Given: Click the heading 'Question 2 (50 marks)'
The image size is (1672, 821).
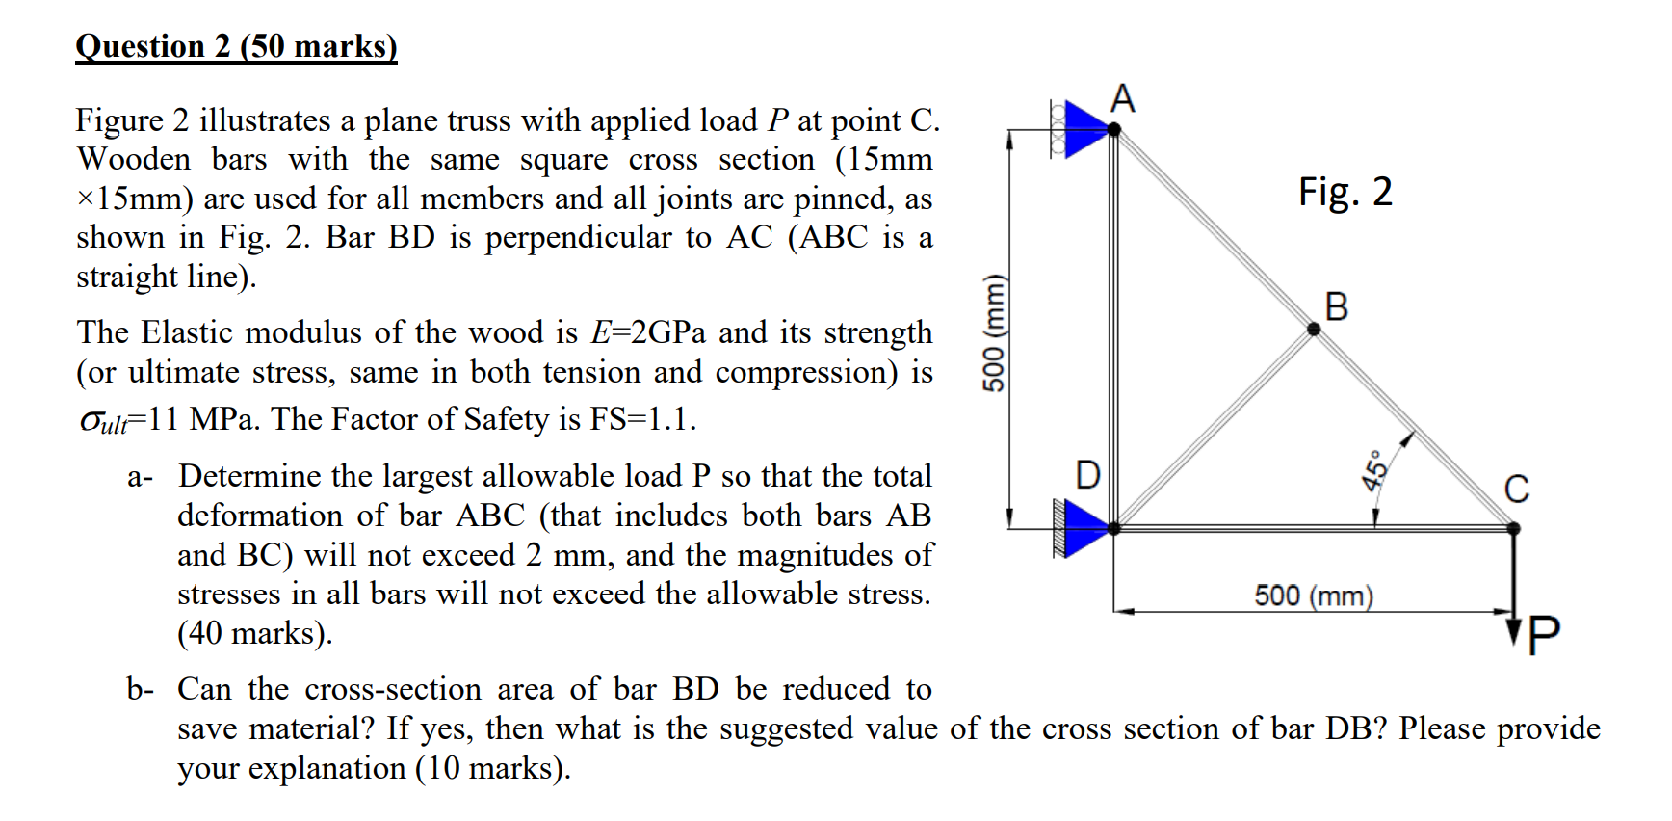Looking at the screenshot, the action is click(x=236, y=46).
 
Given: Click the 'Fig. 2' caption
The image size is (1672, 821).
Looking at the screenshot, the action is click(x=1345, y=192).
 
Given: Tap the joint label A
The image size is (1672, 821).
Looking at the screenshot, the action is click(x=1122, y=99).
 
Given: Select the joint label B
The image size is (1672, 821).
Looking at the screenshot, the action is click(x=1337, y=306).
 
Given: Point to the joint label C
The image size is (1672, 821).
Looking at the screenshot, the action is click(x=1516, y=489).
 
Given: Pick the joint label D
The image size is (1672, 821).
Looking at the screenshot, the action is click(x=1087, y=475).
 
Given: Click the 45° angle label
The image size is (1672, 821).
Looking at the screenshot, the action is click(x=1375, y=470).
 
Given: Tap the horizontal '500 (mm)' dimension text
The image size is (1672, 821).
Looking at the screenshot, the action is click(x=1313, y=596).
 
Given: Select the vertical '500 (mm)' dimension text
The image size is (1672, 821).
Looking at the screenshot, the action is click(x=993, y=333).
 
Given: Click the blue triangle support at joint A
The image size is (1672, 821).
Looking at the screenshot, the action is click(x=1086, y=129).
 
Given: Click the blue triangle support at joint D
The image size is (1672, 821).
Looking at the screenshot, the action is click(x=1086, y=528).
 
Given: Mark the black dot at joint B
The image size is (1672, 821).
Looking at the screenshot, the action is click(x=1314, y=329).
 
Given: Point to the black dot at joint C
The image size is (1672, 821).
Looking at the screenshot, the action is click(x=1513, y=528).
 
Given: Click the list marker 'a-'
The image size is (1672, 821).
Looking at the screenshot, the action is click(x=140, y=477).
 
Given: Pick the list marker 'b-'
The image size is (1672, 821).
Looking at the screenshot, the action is click(x=140, y=690).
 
